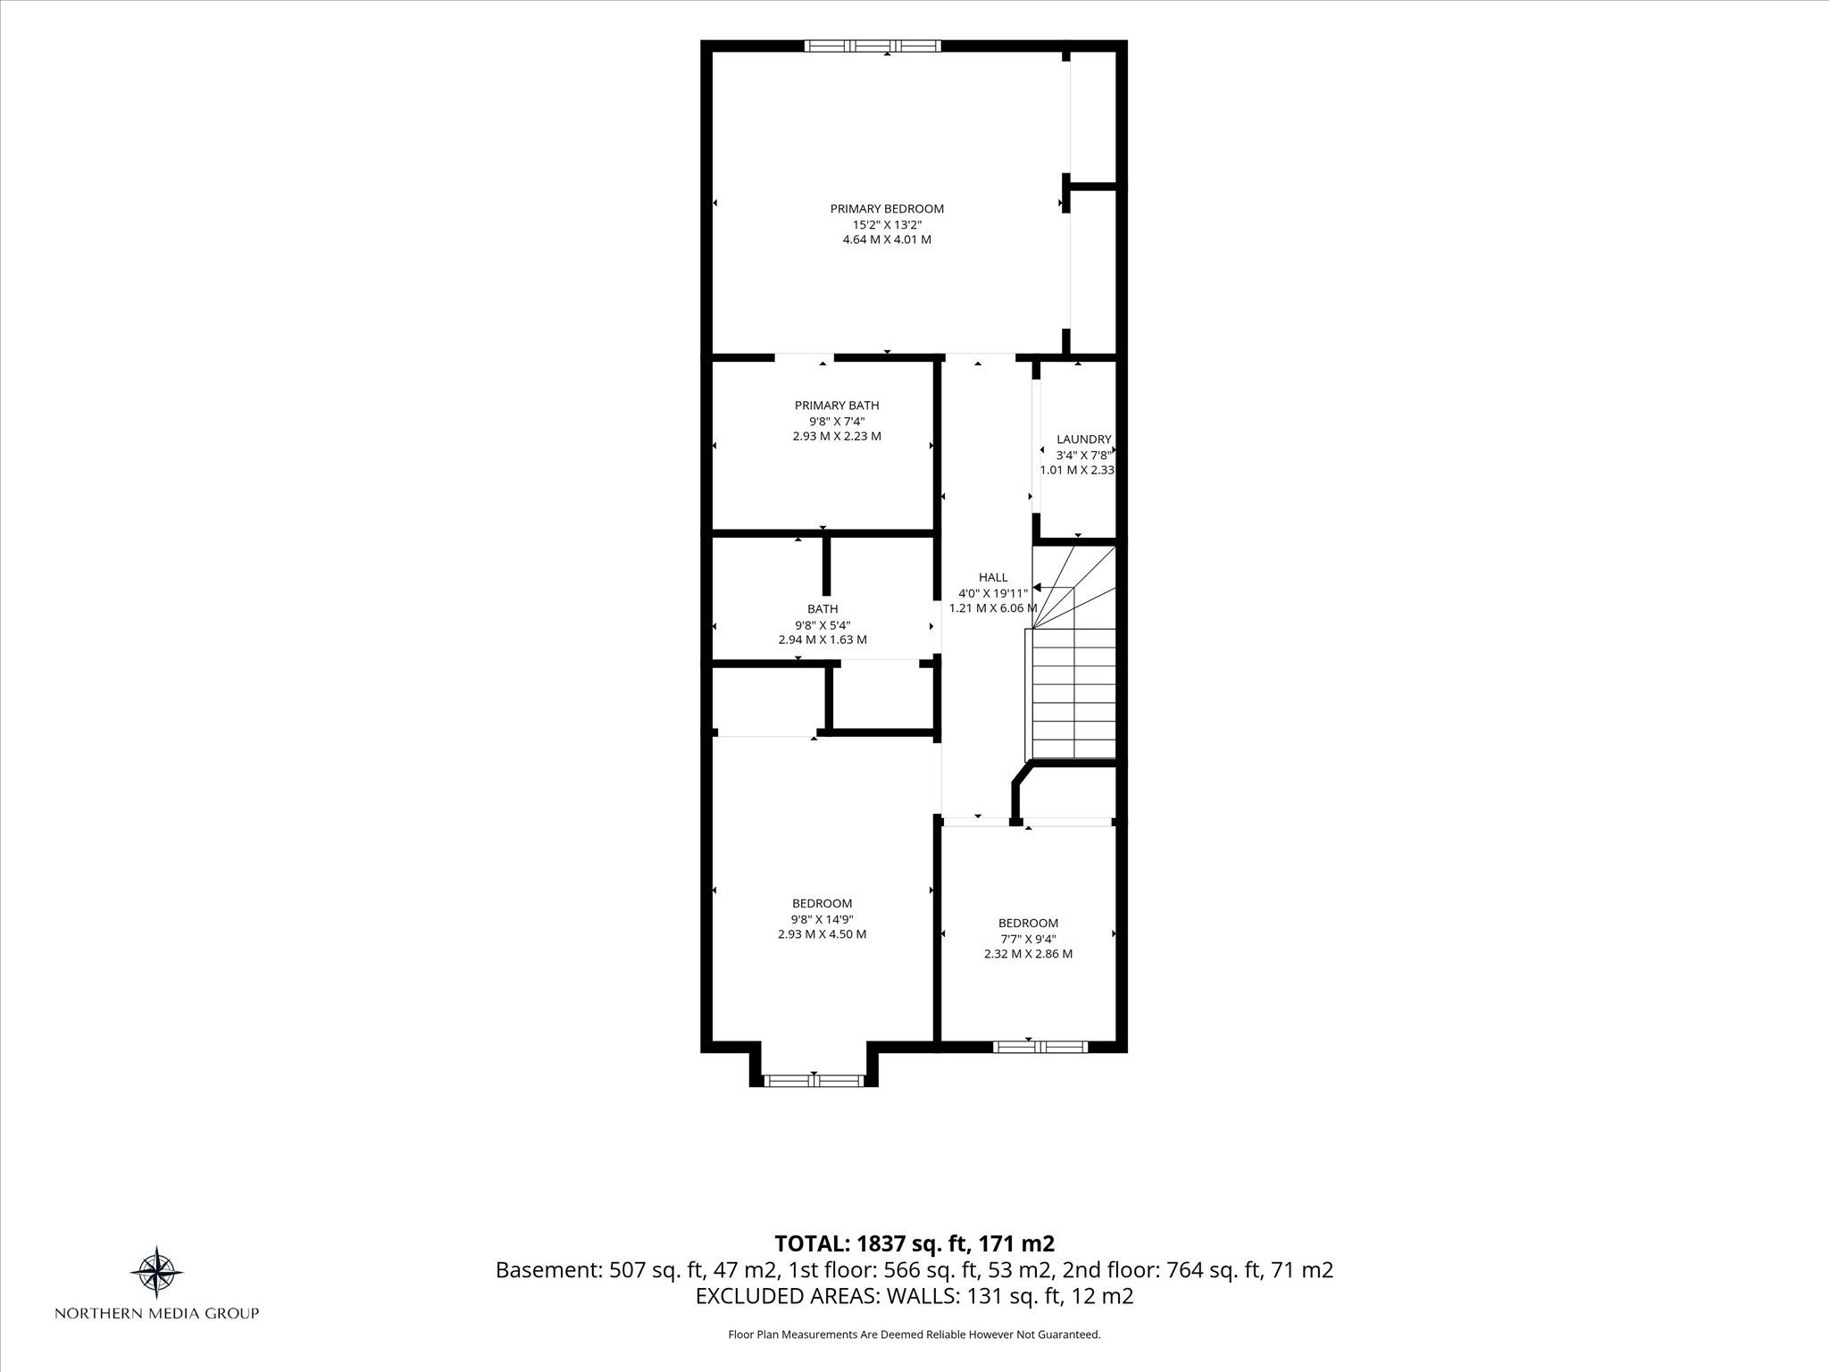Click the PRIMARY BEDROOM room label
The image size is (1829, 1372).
(887, 209)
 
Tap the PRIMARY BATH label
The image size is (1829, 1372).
(837, 406)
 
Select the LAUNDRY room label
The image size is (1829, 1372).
(1083, 439)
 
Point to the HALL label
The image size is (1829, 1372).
(992, 578)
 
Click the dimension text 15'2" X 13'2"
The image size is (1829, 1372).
(887, 224)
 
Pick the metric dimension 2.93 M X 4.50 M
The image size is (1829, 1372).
(822, 934)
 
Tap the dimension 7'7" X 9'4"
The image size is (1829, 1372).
(1028, 939)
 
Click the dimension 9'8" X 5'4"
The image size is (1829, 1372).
(823, 625)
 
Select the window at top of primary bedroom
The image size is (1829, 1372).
(873, 46)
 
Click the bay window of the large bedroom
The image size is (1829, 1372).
(814, 1081)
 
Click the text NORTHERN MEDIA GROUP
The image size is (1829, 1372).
(157, 1313)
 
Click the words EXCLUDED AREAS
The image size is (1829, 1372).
(779, 1296)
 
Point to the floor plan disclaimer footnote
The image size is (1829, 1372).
(914, 1334)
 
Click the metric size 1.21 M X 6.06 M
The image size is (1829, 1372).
(992, 608)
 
